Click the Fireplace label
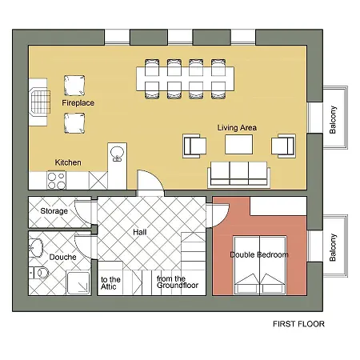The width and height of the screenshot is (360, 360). tap(78, 103)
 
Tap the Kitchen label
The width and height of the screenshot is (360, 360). tap(68, 162)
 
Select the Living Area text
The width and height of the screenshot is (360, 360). tap(237, 128)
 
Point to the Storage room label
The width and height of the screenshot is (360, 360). tap(54, 211)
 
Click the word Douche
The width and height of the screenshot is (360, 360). tap(63, 257)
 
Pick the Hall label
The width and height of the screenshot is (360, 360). tap(140, 232)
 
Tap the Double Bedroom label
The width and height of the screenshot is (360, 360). tap(259, 254)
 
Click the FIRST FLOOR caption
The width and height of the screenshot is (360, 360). tap(298, 324)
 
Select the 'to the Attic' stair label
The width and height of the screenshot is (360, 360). tap(110, 283)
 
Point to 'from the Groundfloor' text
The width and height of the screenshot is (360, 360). tap(178, 282)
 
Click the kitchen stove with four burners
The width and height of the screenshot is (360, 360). tap(56, 180)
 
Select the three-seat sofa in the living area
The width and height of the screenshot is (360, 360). tap(239, 174)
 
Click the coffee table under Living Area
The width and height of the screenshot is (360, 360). tap(238, 144)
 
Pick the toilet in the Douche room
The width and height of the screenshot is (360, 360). tap(39, 273)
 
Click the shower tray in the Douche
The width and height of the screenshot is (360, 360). tap(78, 283)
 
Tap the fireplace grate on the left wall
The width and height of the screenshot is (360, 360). tap(41, 102)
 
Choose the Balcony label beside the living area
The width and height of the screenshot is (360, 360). tap(333, 120)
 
